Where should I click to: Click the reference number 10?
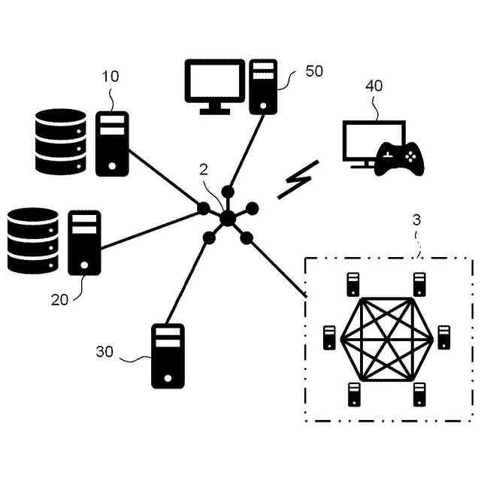tap(110, 77)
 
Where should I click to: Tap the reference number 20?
tap(59, 299)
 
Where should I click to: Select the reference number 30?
tap(105, 351)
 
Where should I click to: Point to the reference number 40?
tap(374, 86)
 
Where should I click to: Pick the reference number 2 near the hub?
tap(204, 169)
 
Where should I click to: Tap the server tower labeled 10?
tap(112, 143)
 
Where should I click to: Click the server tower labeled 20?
tap(84, 243)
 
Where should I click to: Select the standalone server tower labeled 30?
tap(168, 355)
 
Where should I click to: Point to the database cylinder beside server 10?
tap(61, 141)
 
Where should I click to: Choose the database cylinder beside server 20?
tap(32, 240)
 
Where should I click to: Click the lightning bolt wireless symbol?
tap(298, 180)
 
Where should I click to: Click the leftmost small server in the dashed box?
tap(329, 338)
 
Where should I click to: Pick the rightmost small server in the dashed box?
tap(443, 337)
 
